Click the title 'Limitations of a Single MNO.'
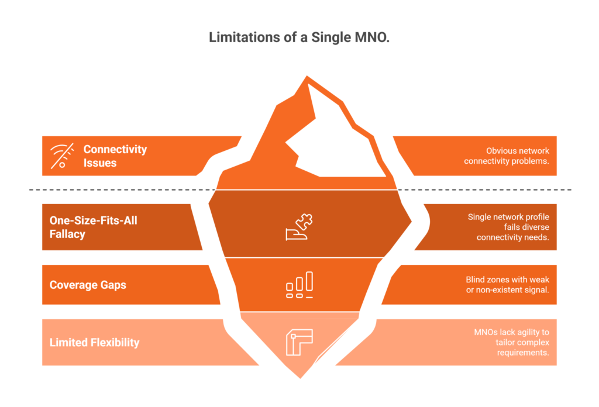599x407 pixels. coord(299,38)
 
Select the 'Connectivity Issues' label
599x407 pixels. coord(115,156)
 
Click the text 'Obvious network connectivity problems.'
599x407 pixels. coord(506,156)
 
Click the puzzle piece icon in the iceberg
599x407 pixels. coord(299,227)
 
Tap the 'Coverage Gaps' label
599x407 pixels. coord(88,285)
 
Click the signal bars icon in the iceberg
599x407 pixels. coord(299,285)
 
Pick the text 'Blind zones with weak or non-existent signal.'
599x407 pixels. coord(507,285)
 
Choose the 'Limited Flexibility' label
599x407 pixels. coord(94,342)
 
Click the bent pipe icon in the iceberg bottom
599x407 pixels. coord(299,342)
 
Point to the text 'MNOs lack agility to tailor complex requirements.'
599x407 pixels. coord(511,342)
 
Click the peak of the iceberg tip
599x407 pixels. coord(306,76)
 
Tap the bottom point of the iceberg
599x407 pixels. coord(301,377)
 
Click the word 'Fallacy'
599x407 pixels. coord(67,234)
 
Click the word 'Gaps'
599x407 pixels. coord(112,285)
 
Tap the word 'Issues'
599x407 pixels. coord(100,163)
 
